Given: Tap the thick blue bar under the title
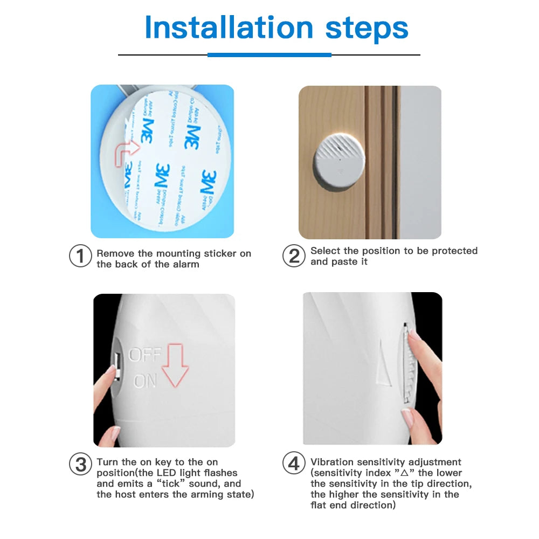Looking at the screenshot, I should [269, 54].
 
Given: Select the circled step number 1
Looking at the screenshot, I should [80, 255].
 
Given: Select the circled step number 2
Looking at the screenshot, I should [294, 255].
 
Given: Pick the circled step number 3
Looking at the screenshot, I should [80, 464].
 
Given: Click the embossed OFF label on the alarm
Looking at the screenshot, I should [144, 355].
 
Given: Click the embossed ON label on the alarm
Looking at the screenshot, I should [145, 381].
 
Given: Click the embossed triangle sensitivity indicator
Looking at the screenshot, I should [384, 362].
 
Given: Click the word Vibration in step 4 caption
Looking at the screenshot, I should [333, 462].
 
